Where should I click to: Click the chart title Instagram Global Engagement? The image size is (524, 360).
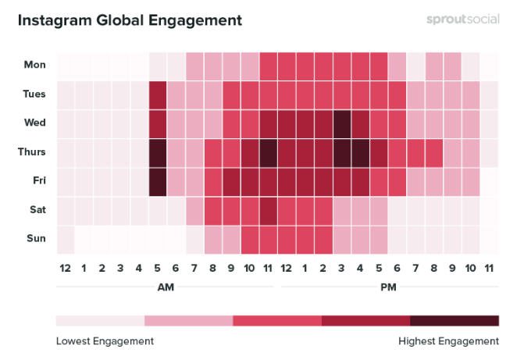[x=130, y=19]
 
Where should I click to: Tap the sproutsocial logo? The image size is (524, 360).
[x=462, y=19]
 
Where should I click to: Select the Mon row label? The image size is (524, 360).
[x=34, y=65]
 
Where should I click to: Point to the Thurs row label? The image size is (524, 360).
[x=31, y=152]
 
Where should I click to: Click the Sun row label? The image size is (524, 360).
[x=35, y=239]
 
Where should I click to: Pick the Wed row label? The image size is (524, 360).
[x=34, y=123]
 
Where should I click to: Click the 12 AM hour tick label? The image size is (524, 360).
[x=66, y=268]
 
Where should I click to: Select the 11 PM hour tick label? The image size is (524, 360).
[x=490, y=268]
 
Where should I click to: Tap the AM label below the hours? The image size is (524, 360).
[x=166, y=287]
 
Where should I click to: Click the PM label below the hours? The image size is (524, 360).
[x=388, y=287]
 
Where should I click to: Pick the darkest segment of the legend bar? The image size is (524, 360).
[x=454, y=320]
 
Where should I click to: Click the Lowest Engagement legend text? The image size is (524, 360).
[x=105, y=341]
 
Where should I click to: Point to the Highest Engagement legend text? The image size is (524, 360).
[x=448, y=341]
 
